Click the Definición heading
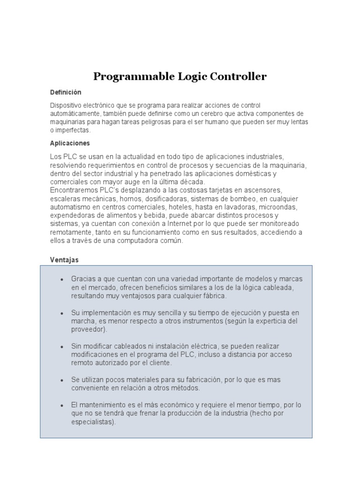pos(66,92)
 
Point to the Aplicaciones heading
pos(70,143)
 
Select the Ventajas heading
pos(64,259)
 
